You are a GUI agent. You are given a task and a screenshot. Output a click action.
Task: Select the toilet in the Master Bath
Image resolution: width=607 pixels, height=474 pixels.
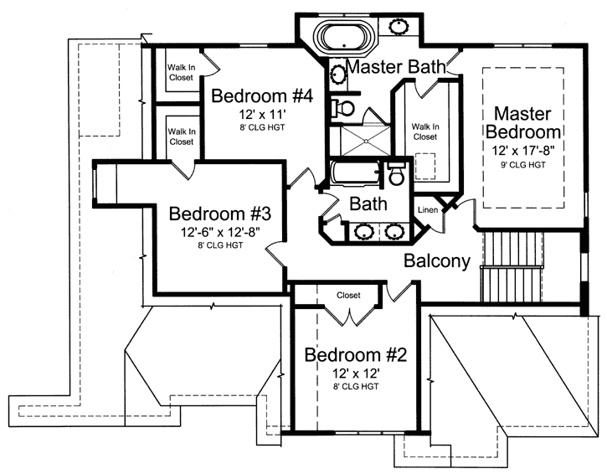pyautogui.click(x=341, y=107)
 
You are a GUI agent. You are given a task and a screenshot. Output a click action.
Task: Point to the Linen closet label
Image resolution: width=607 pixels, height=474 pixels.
pyautogui.click(x=427, y=209)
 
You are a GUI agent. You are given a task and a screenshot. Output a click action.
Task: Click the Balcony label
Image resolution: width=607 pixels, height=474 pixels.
pyautogui.click(x=436, y=260)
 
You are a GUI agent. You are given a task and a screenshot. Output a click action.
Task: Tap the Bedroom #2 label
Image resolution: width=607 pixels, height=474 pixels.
pyautogui.click(x=355, y=354)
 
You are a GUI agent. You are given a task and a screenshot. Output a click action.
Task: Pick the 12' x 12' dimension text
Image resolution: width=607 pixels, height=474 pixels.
pyautogui.click(x=355, y=374)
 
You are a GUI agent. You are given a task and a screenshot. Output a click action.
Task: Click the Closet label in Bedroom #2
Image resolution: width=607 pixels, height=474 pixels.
pyautogui.click(x=348, y=296)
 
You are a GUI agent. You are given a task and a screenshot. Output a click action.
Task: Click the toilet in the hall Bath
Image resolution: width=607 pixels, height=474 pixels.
pyautogui.click(x=395, y=175)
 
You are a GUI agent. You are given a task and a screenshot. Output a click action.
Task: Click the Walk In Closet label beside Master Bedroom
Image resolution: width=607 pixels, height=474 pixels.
pyautogui.click(x=424, y=131)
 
